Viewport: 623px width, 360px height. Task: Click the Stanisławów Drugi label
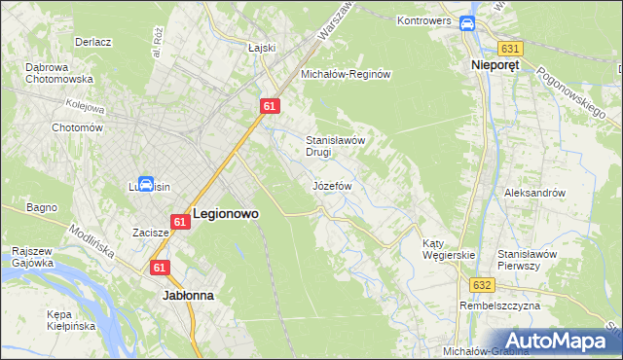pyautogui.click(x=335, y=146)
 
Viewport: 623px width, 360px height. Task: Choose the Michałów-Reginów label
pyautogui.click(x=346, y=74)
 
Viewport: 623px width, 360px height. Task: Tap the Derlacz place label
pyautogui.click(x=94, y=43)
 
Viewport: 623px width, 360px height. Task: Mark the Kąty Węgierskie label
pyautogui.click(x=448, y=249)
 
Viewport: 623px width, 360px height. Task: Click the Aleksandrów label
pyautogui.click(x=534, y=193)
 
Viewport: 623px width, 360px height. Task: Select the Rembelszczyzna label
pyautogui.click(x=498, y=306)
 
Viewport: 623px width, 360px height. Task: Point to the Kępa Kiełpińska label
pyautogui.click(x=72, y=321)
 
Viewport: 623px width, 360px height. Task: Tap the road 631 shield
pyautogui.click(x=509, y=48)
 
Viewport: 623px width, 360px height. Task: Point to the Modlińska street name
pyautogui.click(x=92, y=242)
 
